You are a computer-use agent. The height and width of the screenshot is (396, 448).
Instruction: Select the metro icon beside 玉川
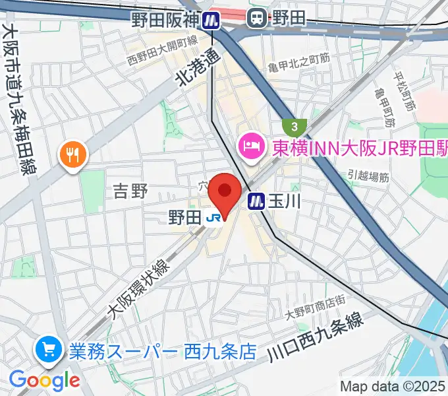coord(256,201)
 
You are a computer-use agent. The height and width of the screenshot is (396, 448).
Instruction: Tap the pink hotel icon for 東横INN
coord(251,143)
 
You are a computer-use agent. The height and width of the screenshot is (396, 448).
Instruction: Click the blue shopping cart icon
coord(48,349)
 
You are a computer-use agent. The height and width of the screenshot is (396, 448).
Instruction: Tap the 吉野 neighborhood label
coord(130,191)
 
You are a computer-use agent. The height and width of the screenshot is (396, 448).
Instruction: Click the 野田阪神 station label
coord(165,19)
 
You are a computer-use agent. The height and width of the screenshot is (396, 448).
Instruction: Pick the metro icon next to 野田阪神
coord(211,20)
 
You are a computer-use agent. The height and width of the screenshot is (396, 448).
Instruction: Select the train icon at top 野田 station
coord(257,19)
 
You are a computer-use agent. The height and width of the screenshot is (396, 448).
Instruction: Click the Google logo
coord(44,380)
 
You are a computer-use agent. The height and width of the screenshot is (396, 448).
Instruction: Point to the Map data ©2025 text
coord(393,386)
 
